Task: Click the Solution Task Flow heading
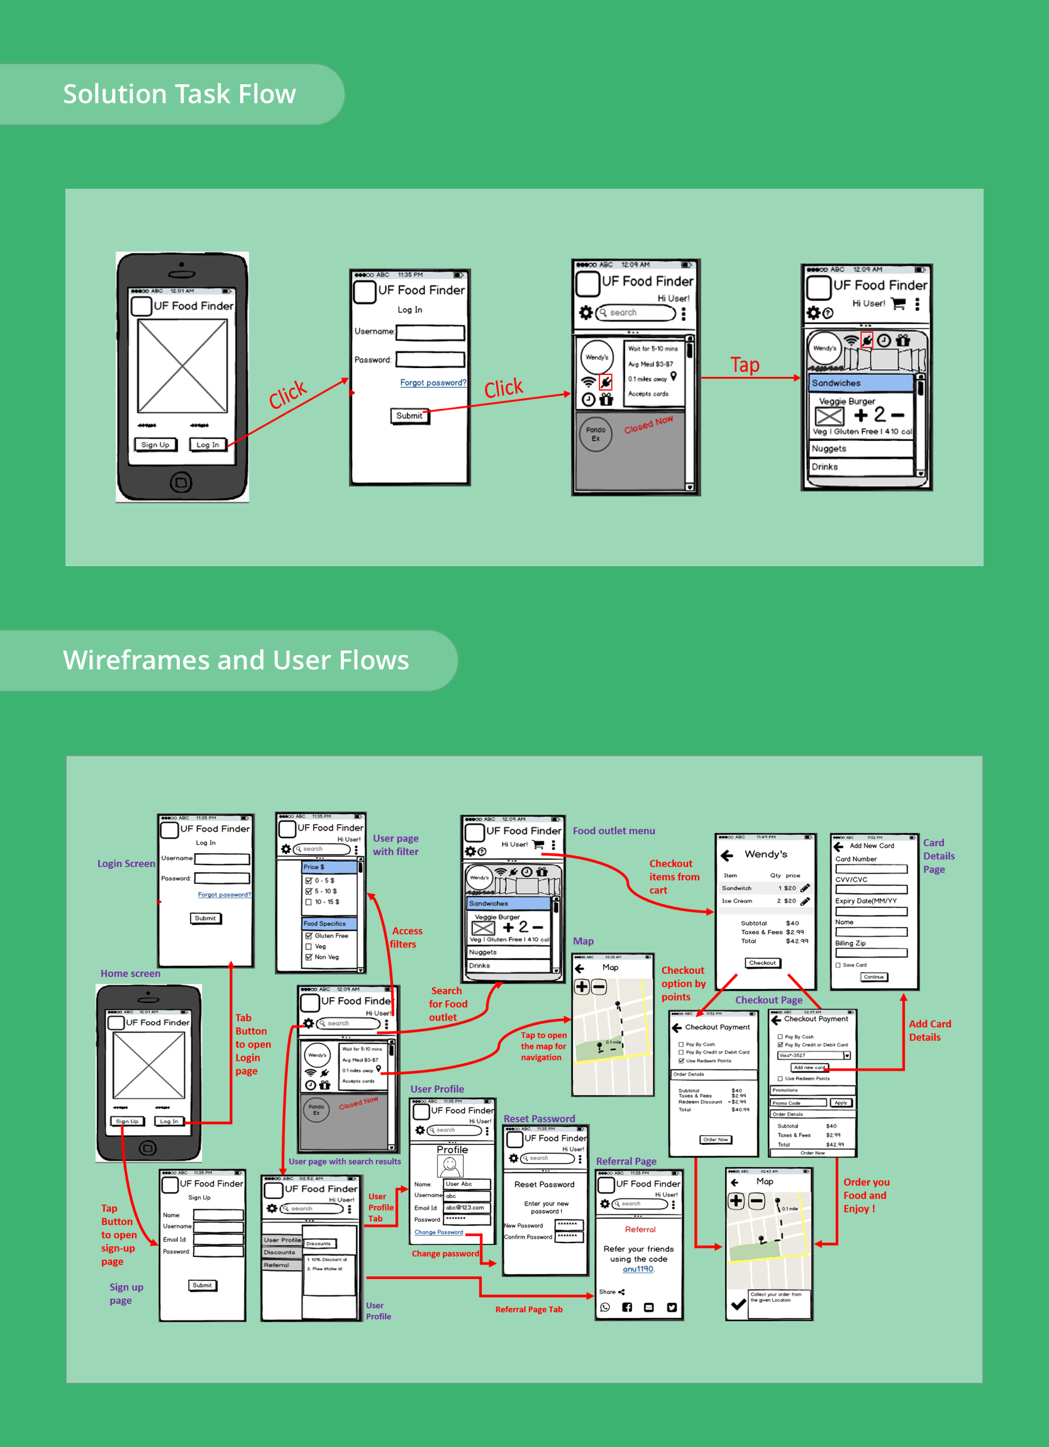[x=179, y=94]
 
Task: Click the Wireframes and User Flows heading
[x=235, y=660]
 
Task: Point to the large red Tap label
[x=745, y=365]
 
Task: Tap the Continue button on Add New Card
[x=874, y=977]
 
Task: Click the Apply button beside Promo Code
[x=841, y=1102]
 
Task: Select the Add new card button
[x=809, y=1068]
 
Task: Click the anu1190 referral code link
[x=638, y=1269]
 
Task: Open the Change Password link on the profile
[x=439, y=1232]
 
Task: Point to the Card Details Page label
[x=939, y=856]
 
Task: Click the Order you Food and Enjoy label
[x=865, y=1195]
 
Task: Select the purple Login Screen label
[x=126, y=863]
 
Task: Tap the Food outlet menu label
[x=613, y=830]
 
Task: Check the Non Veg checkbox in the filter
[x=309, y=957]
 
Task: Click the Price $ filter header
[x=329, y=867]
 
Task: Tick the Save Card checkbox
[x=838, y=965]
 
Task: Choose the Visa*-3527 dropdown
[x=814, y=1055]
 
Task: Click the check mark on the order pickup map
[x=738, y=1304]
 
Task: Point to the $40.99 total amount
[x=740, y=1110]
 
